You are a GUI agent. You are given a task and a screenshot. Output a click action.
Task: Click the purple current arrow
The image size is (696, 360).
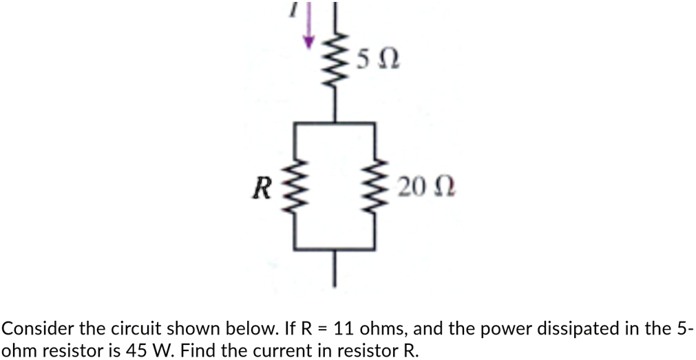309,26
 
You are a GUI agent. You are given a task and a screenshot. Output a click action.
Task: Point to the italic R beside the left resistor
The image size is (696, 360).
260,188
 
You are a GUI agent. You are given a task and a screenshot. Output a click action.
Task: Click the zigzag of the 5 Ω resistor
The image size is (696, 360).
335,62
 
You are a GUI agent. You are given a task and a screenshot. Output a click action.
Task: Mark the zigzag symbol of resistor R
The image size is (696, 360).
296,187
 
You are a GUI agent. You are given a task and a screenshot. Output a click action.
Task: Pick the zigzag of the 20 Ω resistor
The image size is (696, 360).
375,187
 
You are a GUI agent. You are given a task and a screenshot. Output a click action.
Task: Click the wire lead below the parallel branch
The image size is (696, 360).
335,268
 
